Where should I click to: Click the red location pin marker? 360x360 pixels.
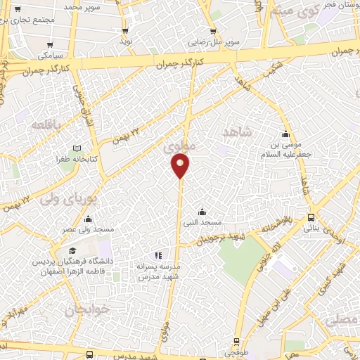[180, 165]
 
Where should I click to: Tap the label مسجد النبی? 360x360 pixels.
[202, 223]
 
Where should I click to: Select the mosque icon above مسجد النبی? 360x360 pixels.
[202, 212]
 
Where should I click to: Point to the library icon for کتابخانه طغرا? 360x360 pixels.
[77, 148]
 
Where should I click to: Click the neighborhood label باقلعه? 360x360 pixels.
[47, 124]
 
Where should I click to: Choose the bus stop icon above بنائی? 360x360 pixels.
[311, 217]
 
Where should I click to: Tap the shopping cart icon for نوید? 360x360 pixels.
[125, 31]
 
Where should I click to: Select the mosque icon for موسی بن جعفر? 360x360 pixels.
[285, 134]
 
